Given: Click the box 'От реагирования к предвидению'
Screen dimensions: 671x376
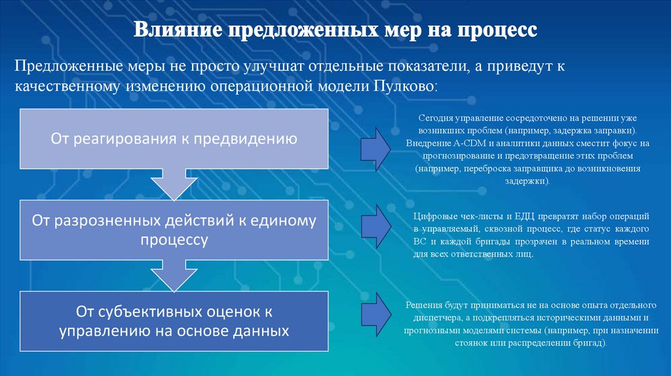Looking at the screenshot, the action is tap(174, 138).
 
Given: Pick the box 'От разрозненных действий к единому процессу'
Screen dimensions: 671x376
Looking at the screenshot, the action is tap(174, 230).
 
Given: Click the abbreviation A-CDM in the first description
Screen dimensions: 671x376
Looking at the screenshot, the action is tap(469, 143).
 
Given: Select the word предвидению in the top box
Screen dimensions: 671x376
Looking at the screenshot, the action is tap(252, 138).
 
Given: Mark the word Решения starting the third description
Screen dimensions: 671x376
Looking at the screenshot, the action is tap(423, 305).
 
